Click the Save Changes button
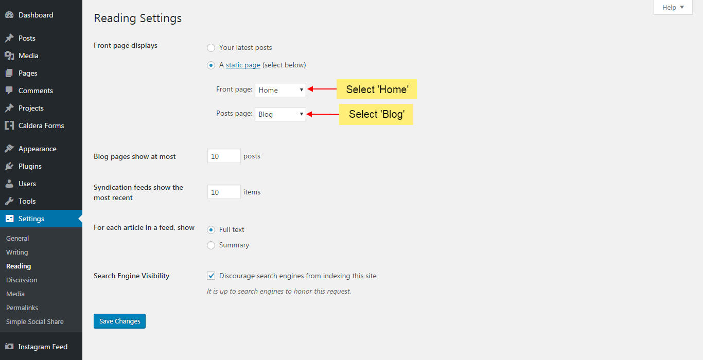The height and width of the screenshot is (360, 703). coord(119,321)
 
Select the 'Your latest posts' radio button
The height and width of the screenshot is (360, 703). coord(211,48)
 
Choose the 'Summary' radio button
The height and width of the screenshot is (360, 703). coord(211,245)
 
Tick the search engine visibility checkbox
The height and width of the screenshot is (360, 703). coord(211,276)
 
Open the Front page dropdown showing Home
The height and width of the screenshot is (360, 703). coord(280,90)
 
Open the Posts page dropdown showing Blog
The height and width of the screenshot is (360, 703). coord(280,114)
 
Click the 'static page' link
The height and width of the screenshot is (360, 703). coord(243,65)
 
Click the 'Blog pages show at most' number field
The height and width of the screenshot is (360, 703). coord(224,156)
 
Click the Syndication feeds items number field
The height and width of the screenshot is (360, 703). coord(224,192)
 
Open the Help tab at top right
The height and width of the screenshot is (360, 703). coord(673,7)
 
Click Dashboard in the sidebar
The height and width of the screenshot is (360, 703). coord(36,15)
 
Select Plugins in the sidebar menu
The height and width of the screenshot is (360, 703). coord(30,166)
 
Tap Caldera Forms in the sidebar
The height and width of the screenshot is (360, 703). coord(41,125)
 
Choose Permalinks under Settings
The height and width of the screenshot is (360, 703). coord(22,308)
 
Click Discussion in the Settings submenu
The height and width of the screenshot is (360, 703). coord(22,280)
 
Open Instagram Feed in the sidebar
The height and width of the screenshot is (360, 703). coord(43,347)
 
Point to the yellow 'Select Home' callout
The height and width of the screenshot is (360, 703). coord(377,89)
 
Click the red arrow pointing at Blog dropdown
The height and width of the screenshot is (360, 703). coord(322,114)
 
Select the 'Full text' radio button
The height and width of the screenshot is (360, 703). coord(211,230)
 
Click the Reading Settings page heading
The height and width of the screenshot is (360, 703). coord(137,18)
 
